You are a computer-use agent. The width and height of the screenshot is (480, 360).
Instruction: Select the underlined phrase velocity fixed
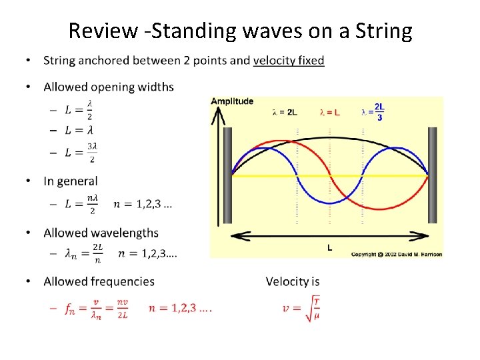click(289, 61)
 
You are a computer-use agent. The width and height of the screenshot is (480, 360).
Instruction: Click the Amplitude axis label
click(232, 101)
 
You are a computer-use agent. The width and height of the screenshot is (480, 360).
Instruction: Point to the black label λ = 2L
click(285, 112)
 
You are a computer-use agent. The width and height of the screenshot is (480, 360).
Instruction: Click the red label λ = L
click(329, 112)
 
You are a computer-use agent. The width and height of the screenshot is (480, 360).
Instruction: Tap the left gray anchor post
click(227, 175)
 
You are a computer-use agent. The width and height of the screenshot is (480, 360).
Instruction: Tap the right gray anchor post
click(433, 175)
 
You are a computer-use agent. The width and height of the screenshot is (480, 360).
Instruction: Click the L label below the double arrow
click(329, 247)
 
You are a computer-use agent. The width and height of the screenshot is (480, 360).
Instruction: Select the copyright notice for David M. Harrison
click(396, 254)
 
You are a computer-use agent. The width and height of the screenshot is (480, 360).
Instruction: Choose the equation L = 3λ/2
click(81, 154)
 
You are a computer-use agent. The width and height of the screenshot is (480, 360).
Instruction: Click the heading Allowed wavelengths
click(101, 233)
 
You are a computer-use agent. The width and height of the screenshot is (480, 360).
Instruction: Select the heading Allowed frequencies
click(99, 281)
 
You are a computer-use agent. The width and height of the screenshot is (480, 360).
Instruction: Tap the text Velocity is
click(293, 281)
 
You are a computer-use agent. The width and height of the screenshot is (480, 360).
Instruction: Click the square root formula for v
click(302, 309)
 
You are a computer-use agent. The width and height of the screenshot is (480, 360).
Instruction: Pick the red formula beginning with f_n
click(97, 309)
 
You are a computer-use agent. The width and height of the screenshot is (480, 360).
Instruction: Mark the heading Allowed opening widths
click(109, 87)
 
